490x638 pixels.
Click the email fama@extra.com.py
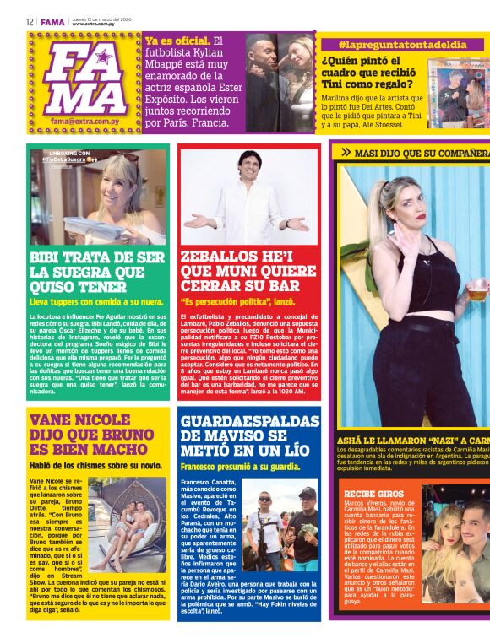pos(81,121)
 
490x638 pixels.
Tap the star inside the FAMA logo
pos(104,57)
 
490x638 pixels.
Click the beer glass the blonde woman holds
pos(478,289)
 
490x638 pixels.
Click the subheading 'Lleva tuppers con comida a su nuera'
pos(96,300)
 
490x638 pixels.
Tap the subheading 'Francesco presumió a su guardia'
pos(240,466)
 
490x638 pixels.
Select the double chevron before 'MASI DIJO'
pos(346,152)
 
